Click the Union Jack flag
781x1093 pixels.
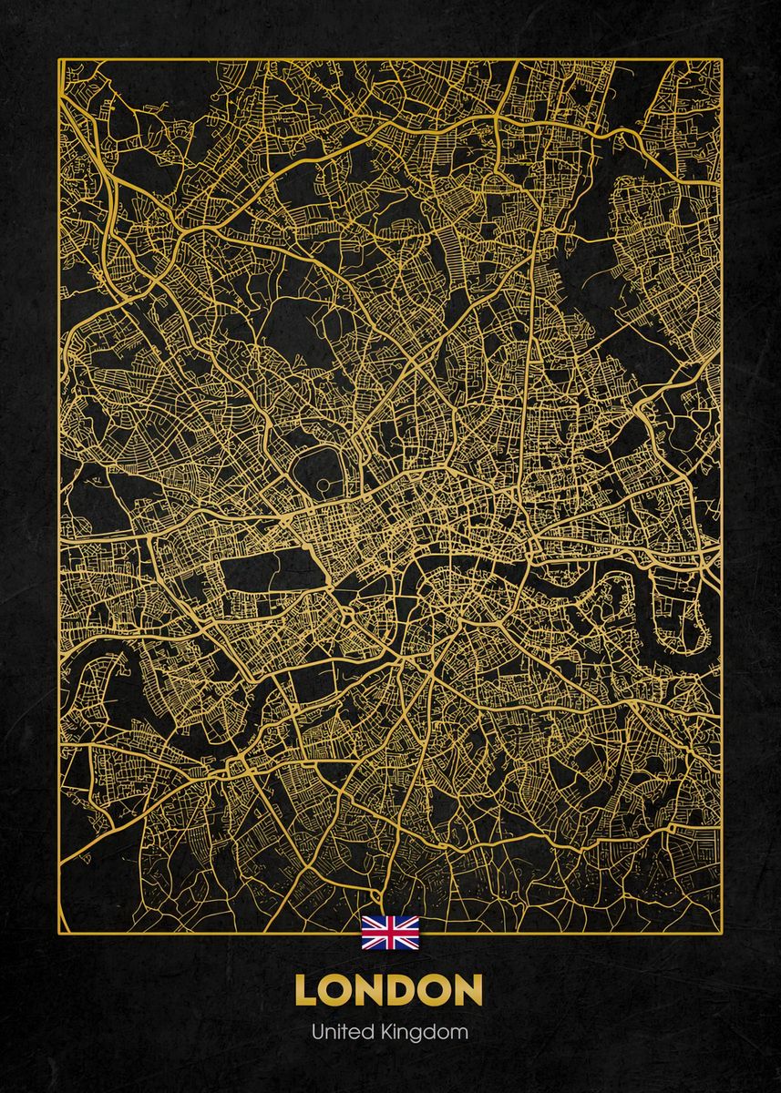click(x=390, y=934)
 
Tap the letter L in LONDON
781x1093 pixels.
click(x=306, y=991)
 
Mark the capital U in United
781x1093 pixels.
click(x=316, y=1032)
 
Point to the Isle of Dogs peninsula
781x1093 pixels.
click(x=683, y=610)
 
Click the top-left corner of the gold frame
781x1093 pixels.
click(x=59, y=60)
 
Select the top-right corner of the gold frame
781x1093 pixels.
click(x=722, y=60)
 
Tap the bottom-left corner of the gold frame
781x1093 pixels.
click(x=59, y=933)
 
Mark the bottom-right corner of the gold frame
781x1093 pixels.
click(x=722, y=933)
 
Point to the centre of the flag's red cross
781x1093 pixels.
click(x=390, y=934)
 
